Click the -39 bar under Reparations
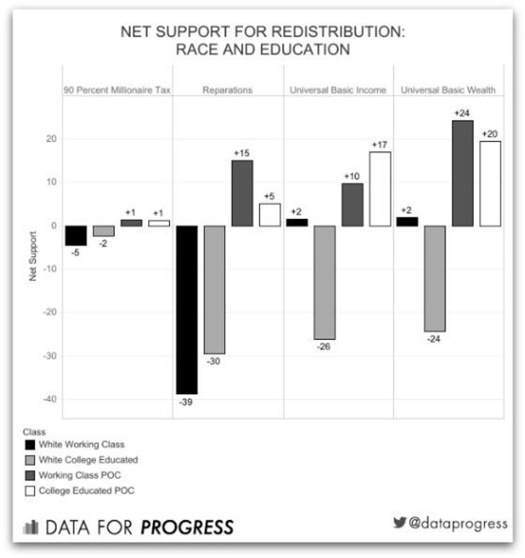(187, 310)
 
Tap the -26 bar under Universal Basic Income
(325, 282)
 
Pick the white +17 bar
(380, 189)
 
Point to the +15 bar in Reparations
(242, 193)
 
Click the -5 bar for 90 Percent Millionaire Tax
(76, 236)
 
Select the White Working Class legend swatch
(29, 444)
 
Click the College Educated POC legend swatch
(29, 490)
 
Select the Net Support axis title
(33, 256)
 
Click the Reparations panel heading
(227, 90)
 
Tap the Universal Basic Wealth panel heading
(448, 90)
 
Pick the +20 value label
(490, 133)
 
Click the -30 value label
(213, 362)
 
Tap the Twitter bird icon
(400, 523)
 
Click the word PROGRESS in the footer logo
(187, 527)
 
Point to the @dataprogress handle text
(457, 523)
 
